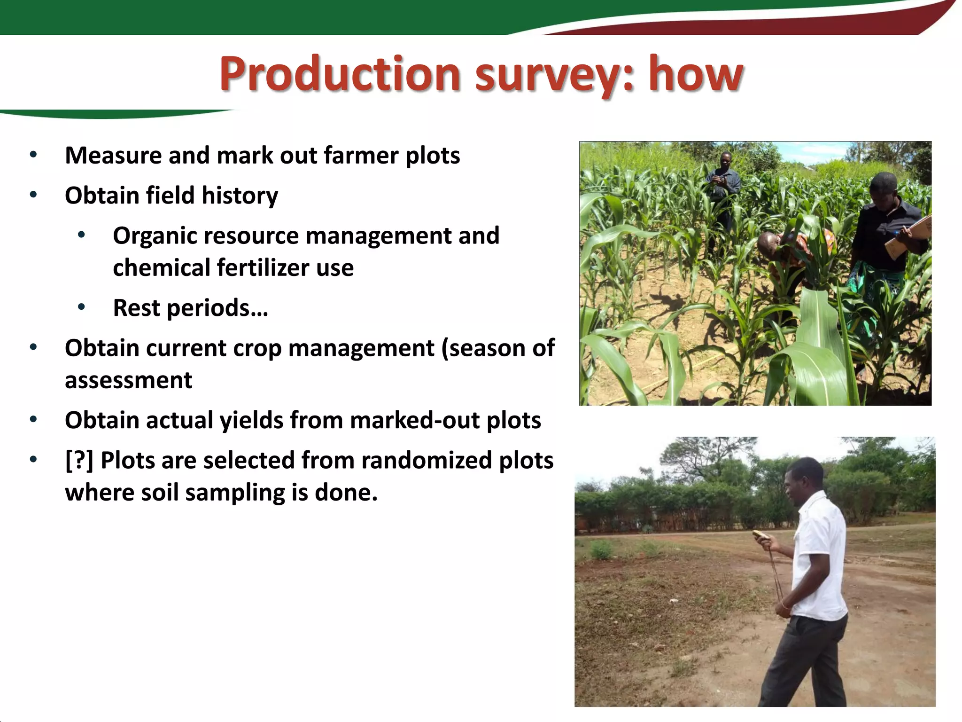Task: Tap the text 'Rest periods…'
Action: pos(190,308)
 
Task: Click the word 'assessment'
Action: pos(128,380)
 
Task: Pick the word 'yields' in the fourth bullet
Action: pos(251,421)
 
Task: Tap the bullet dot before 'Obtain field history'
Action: pos(33,195)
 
